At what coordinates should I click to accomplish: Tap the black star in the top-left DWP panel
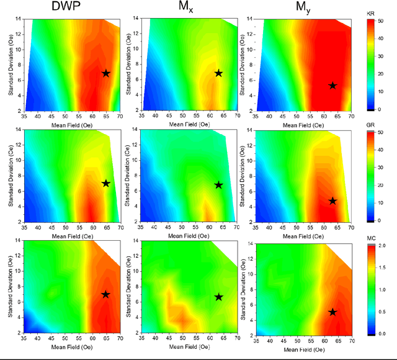point(105,73)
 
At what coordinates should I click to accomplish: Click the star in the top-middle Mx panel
point(218,73)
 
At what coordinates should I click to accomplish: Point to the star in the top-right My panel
point(332,86)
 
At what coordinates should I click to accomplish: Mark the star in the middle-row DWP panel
point(105,184)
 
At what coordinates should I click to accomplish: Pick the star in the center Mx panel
point(218,185)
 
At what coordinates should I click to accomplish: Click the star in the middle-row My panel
point(332,201)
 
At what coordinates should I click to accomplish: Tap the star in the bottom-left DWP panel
point(105,294)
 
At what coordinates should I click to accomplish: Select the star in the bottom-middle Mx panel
point(218,297)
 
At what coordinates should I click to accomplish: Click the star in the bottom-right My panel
point(332,312)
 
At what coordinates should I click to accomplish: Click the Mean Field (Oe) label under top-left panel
point(65,124)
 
